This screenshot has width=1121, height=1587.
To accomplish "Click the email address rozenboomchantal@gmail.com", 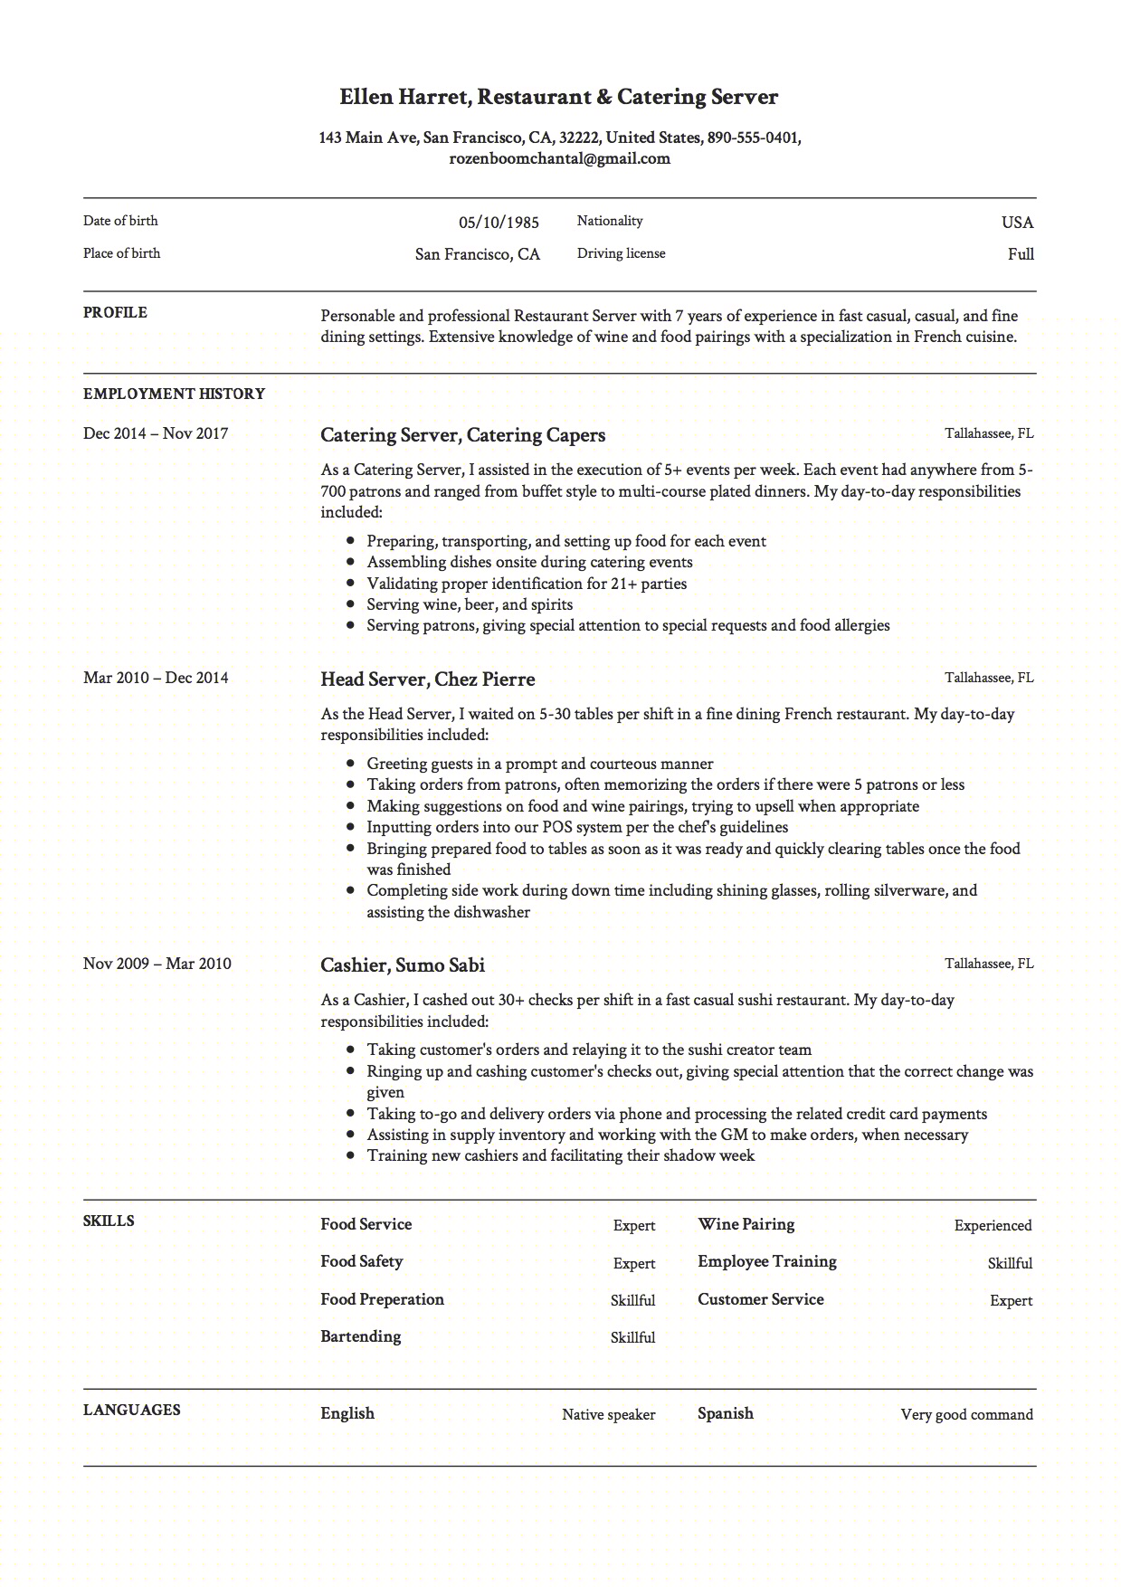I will [x=559, y=159].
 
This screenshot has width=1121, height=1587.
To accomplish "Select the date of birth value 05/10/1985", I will [x=499, y=223].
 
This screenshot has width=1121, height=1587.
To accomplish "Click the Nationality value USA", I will [x=1017, y=223].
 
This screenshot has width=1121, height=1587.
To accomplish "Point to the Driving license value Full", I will [x=1021, y=254].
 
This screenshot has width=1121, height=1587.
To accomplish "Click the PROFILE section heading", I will [x=115, y=313].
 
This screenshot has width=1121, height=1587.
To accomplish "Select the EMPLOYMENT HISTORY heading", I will [x=174, y=394].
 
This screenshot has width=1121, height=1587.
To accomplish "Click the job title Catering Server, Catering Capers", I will [x=462, y=435].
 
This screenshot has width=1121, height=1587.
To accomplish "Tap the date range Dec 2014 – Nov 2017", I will [x=156, y=433].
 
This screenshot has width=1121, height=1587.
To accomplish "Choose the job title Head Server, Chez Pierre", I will [x=427, y=679].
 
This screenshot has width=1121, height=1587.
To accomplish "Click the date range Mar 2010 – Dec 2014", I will [x=156, y=678].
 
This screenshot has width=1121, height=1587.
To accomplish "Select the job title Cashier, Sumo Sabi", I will [x=402, y=965].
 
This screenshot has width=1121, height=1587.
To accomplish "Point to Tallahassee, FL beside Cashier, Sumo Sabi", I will [x=989, y=964].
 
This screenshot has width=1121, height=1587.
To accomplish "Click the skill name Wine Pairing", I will [x=746, y=1224].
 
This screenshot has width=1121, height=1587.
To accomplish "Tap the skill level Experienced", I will [x=993, y=1226].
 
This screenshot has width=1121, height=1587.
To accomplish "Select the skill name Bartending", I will [x=360, y=1336].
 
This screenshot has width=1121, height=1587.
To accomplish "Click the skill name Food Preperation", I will [x=382, y=1299].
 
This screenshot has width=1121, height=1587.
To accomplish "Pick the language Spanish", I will [x=725, y=1413].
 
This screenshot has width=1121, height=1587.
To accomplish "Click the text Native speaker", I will [x=608, y=1414].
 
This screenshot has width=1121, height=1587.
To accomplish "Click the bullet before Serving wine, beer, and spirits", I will [x=350, y=604].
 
